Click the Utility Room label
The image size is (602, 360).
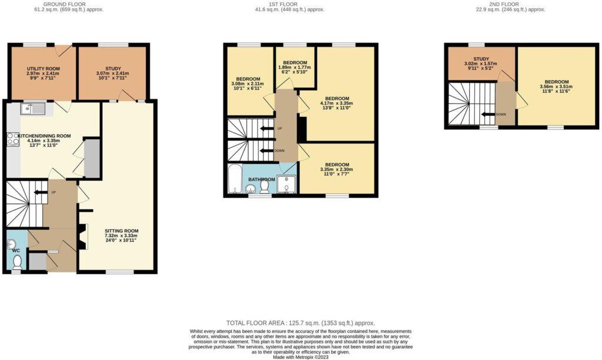click(40, 69)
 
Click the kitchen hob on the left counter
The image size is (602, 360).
click(13, 139)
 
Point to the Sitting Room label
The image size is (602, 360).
click(121, 231)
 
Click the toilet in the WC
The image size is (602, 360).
click(17, 261)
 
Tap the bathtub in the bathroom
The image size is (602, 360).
click(234, 179)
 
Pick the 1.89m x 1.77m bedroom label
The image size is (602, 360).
click(295, 62)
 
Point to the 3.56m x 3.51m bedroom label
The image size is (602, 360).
click(556, 82)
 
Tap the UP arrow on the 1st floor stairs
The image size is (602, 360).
click(267, 128)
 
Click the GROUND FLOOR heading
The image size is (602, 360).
click(73, 4)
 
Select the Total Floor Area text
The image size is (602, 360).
click(300, 323)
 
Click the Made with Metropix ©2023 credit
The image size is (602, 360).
click(300, 356)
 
